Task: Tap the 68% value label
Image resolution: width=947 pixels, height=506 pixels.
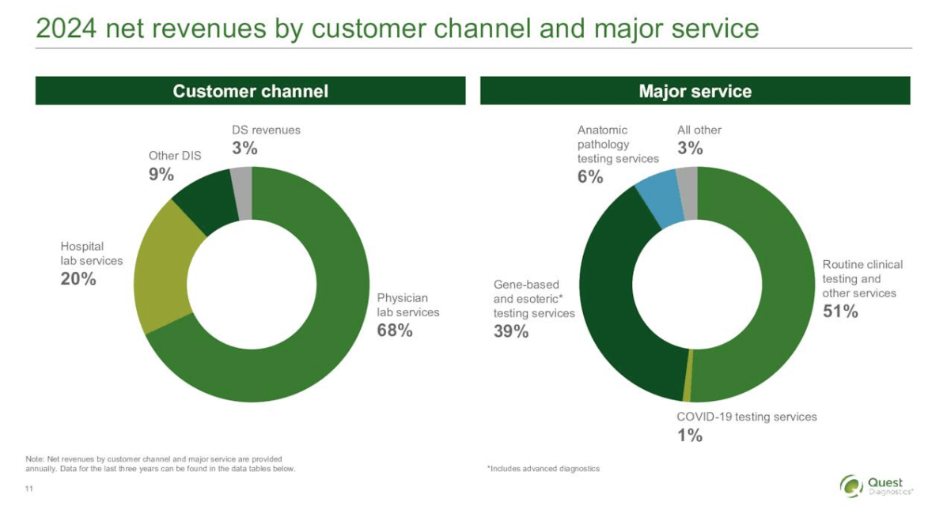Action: point(394,330)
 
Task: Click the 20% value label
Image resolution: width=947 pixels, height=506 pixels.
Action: point(78,278)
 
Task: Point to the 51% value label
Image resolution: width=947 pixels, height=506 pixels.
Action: point(839,312)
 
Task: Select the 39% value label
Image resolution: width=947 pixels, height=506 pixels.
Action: point(510,331)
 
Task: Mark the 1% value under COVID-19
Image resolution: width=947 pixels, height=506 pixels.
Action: point(689,435)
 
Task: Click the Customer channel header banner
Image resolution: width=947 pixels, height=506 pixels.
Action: point(250,91)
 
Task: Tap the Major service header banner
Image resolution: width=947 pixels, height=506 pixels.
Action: point(695,91)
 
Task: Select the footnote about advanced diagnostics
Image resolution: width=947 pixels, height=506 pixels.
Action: point(543,469)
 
